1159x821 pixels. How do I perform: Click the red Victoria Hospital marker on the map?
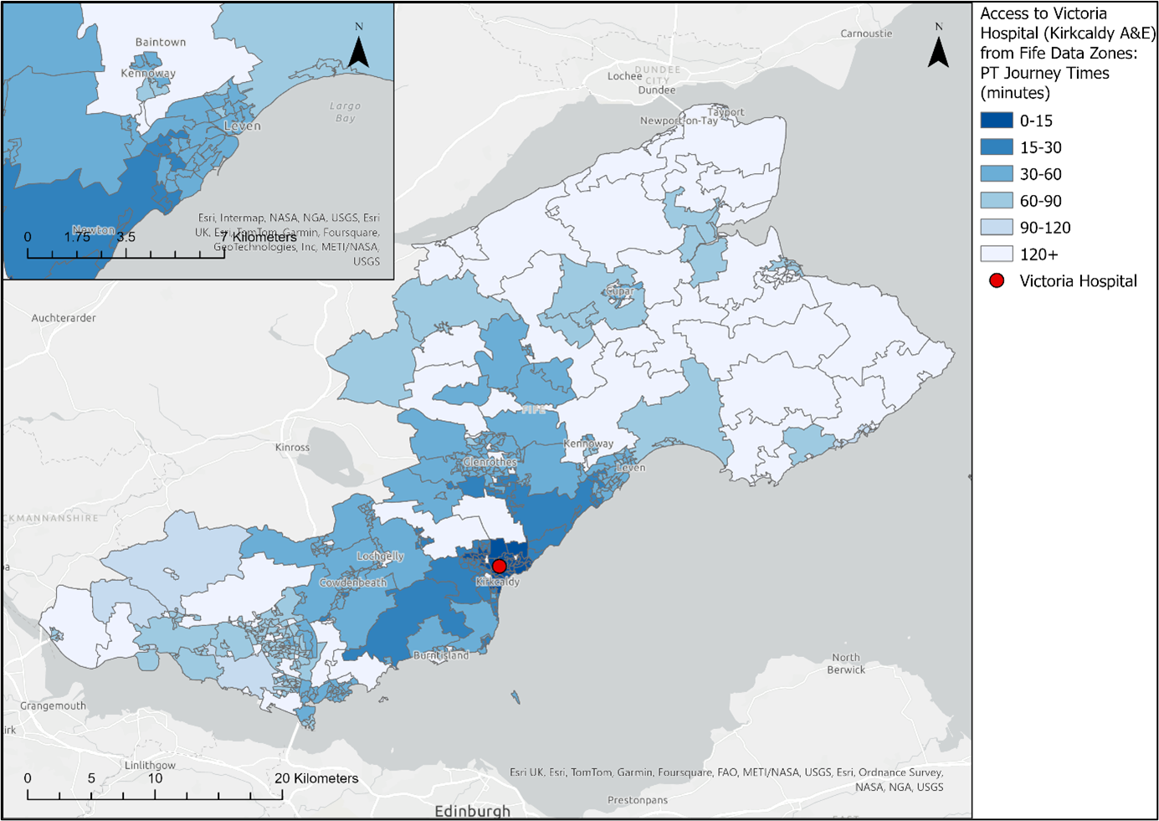(x=500, y=567)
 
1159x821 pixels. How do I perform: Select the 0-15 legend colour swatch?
(x=997, y=121)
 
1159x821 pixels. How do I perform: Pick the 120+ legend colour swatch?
(x=997, y=254)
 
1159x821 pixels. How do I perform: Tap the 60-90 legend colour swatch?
(x=997, y=201)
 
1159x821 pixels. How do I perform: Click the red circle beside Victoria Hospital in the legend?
(x=997, y=281)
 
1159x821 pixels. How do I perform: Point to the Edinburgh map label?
(x=472, y=811)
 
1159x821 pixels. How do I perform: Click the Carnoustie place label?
(x=866, y=33)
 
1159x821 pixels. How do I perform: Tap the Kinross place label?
(x=292, y=448)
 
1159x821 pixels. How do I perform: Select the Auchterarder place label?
(x=64, y=318)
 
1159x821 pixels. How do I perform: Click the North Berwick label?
(x=846, y=664)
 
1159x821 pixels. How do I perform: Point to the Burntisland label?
(x=441, y=655)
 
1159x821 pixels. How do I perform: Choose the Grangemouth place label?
(x=53, y=706)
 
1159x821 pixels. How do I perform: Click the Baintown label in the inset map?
(x=161, y=42)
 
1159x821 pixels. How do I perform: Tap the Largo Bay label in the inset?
(x=345, y=112)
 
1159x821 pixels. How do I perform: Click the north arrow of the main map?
(x=938, y=48)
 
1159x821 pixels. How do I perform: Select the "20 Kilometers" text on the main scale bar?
(x=316, y=778)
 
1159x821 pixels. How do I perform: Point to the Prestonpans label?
(x=638, y=800)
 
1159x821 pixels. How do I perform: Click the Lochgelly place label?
(x=380, y=556)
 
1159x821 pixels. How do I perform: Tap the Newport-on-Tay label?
(x=679, y=121)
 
